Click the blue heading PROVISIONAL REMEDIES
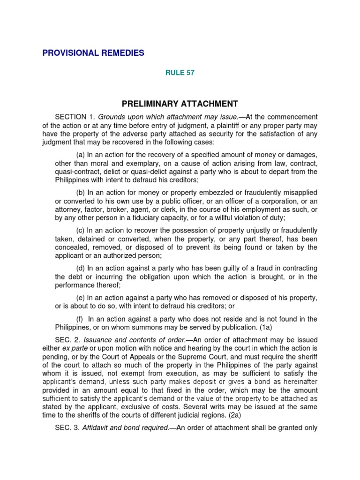pyautogui.click(x=93, y=53)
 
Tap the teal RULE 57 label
pyautogui.click(x=180, y=73)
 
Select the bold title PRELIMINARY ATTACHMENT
pyautogui.click(x=180, y=104)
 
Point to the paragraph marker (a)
pyautogui.click(x=81, y=155)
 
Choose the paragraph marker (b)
pyautogui.click(x=81, y=193)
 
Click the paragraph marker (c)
pyautogui.click(x=81, y=231)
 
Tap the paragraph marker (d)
pyautogui.click(x=81, y=268)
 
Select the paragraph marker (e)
pyautogui.click(x=81, y=298)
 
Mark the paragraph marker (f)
pyautogui.click(x=80, y=320)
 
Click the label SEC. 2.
pyautogui.click(x=67, y=340)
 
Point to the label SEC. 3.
pyautogui.click(x=67, y=427)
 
